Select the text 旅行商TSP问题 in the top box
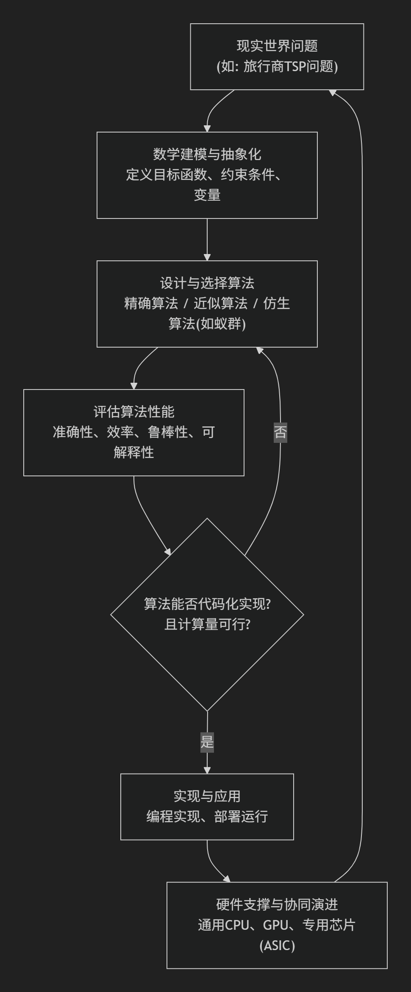[290, 66]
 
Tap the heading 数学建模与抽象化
[207, 154]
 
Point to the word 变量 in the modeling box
[207, 195]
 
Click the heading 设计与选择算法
[207, 283]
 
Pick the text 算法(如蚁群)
[207, 323]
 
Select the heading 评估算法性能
[133, 412]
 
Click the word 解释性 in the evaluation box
[133, 452]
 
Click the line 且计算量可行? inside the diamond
[207, 624]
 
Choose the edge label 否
[280, 432]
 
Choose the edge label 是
[207, 742]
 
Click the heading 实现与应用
[207, 796]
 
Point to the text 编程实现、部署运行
[207, 816]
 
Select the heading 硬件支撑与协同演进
[277, 904]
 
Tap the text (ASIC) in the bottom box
[277, 945]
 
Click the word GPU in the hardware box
[275, 925]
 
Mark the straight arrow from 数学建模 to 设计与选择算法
[207, 239]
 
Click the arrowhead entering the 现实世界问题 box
[333, 92]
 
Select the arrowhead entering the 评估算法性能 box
[134, 386]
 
